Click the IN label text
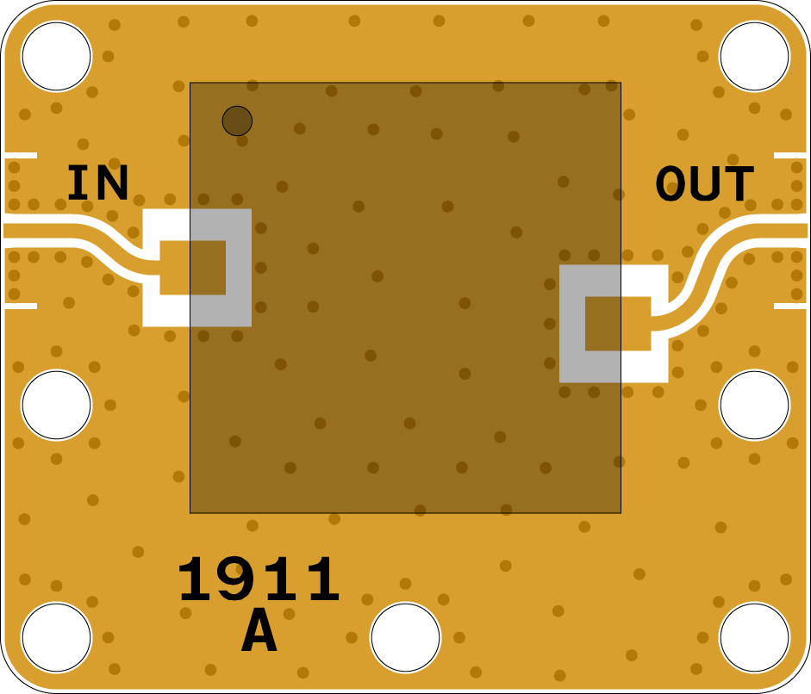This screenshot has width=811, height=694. click(97, 183)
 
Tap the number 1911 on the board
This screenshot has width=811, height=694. click(259, 581)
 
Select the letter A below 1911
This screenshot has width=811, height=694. click(259, 633)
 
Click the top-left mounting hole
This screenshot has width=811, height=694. click(56, 56)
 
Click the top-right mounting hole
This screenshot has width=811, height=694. click(754, 56)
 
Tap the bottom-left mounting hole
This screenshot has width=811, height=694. click(56, 637)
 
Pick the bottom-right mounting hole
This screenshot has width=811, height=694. click(754, 637)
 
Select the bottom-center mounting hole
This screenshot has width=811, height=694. click(405, 637)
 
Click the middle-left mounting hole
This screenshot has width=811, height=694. click(56, 405)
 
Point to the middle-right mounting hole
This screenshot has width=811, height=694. click(754, 405)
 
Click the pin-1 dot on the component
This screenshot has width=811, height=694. click(237, 121)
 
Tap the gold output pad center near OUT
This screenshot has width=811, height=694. click(618, 324)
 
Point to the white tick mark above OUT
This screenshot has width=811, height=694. click(790, 156)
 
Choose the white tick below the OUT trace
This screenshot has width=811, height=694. click(790, 306)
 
